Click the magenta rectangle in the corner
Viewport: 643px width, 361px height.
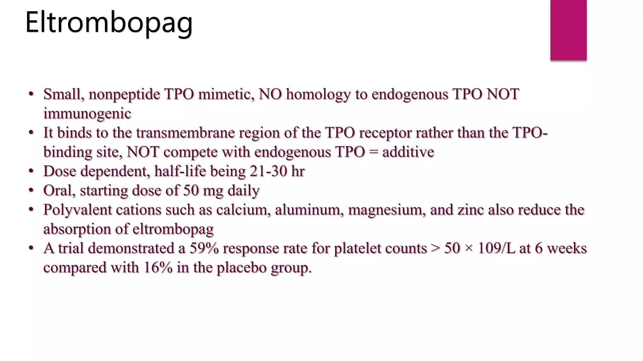pos(568,30)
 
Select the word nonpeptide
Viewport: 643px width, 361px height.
pos(124,94)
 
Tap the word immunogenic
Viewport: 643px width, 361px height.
pos(87,113)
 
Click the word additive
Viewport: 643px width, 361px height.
pos(408,152)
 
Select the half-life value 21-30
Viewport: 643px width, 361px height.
pos(268,171)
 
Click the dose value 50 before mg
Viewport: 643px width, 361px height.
pos(191,191)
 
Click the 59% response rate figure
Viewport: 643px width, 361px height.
pos(204,248)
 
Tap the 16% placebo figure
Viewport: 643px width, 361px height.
pos(158,268)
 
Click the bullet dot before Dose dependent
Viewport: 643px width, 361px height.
pos(31,171)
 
